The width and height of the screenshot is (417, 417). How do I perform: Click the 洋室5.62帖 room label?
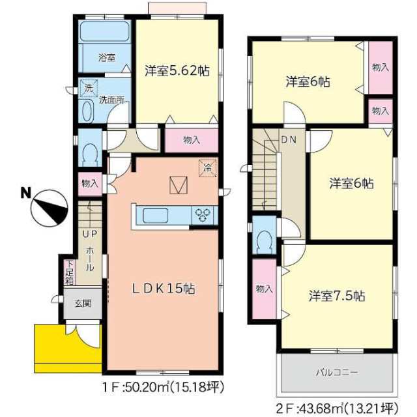point(177,71)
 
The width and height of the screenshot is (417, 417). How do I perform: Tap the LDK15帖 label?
point(164,289)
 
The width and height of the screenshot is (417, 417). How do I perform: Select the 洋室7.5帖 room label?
point(337,295)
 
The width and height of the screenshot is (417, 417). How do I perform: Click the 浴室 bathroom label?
point(107,57)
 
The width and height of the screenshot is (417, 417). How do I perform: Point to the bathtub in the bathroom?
point(104,31)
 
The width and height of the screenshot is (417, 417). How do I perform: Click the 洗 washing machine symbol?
point(89,87)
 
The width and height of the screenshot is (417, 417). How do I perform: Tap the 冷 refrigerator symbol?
point(208,168)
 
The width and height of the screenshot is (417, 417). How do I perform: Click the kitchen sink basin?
point(155,216)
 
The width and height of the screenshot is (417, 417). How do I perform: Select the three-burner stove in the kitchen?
point(203,215)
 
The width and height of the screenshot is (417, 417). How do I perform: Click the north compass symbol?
point(50,208)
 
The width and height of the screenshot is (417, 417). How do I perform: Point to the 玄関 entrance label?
point(83,303)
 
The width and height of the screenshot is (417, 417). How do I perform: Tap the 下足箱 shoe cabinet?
point(70,272)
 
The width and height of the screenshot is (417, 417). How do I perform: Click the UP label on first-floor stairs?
point(90,234)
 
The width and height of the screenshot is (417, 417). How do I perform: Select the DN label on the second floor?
point(289,139)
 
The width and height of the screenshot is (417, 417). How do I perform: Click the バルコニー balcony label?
point(336,372)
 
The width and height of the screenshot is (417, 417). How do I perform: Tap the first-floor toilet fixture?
point(90,154)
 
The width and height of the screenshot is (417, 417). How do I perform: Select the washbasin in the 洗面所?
point(88,111)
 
